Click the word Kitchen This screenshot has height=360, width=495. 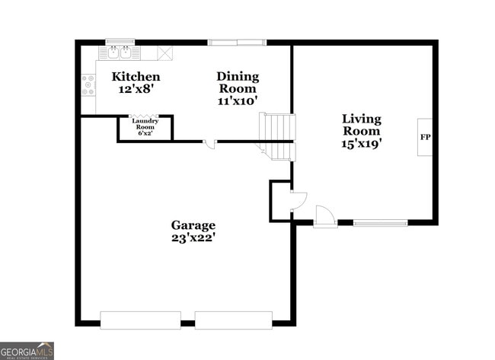[136, 77]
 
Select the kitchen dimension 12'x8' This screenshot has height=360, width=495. [136, 89]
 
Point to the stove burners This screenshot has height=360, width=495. [88, 85]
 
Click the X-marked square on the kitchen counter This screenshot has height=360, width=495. [165, 53]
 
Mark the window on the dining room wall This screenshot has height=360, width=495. [238, 42]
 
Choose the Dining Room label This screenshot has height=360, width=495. [238, 82]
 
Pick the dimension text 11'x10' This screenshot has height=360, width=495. [238, 100]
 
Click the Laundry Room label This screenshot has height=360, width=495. [144, 124]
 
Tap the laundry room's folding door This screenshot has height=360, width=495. [145, 116]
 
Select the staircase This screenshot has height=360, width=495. [277, 136]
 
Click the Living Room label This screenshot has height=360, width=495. [361, 125]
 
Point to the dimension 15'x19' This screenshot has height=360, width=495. [361, 142]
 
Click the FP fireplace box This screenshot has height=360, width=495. [424, 138]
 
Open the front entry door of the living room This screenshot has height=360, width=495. [325, 218]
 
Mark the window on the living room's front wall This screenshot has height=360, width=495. [380, 223]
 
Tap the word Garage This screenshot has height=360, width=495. [193, 225]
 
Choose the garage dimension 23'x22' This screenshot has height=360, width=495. [193, 237]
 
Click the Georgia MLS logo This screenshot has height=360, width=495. [27, 350]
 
